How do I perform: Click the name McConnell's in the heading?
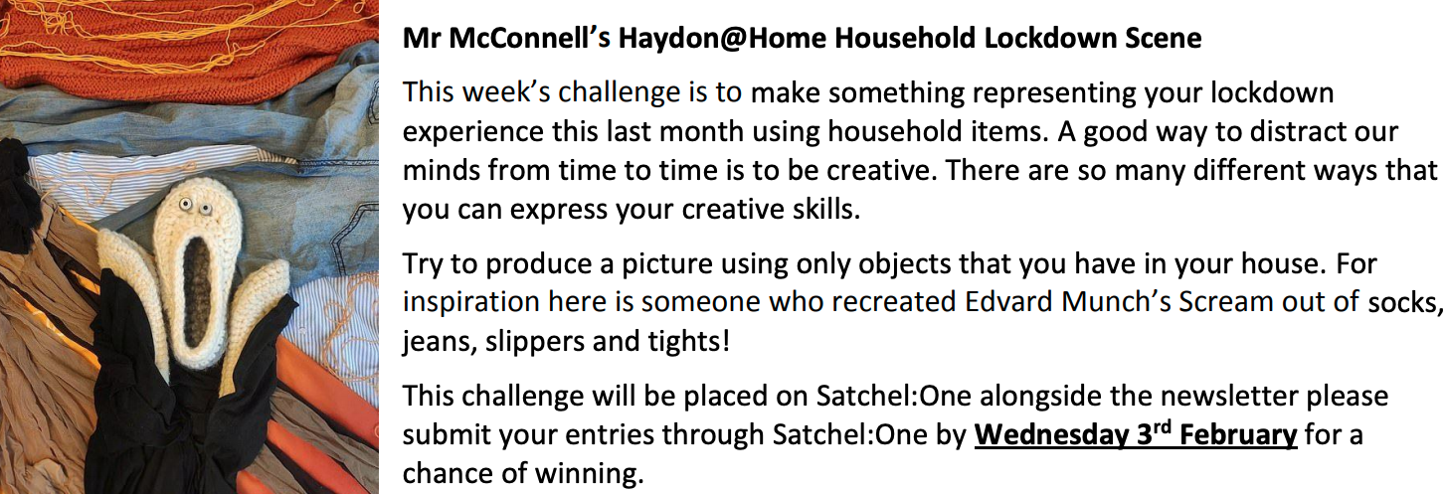(529, 38)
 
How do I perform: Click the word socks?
(1403, 302)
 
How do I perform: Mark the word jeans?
(438, 341)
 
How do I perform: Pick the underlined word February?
(1238, 434)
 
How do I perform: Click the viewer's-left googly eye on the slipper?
(186, 205)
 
